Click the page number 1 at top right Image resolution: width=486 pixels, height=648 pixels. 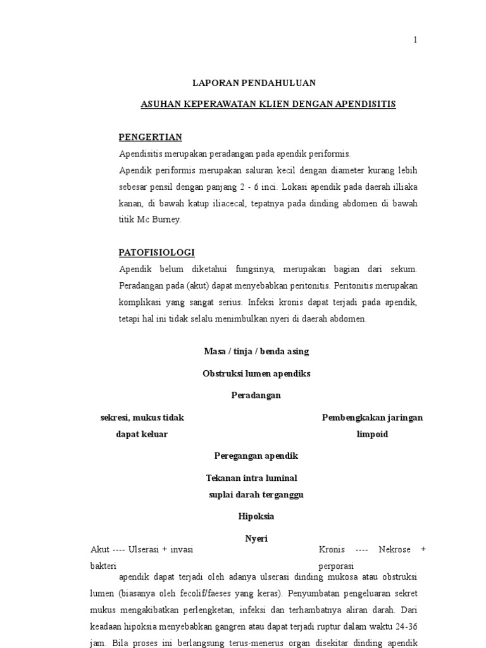(x=415, y=40)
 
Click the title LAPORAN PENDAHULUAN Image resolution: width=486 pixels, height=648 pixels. (x=254, y=83)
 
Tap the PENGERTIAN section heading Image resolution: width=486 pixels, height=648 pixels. (x=151, y=137)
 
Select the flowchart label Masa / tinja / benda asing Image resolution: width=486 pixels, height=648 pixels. (x=256, y=351)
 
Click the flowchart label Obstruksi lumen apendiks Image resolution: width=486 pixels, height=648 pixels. (x=256, y=373)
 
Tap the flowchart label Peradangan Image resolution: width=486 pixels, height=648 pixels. (x=256, y=396)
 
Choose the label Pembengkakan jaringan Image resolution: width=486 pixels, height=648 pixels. (x=372, y=418)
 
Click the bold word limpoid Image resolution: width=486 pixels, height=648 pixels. (x=372, y=435)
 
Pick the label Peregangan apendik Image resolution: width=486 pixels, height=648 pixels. (x=256, y=456)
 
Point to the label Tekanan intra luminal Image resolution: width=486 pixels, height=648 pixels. (x=251, y=478)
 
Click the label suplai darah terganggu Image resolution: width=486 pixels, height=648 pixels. (x=256, y=495)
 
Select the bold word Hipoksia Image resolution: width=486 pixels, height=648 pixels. (x=256, y=516)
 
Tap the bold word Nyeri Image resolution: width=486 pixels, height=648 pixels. (x=256, y=539)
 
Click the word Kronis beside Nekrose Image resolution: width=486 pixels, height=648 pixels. (x=332, y=549)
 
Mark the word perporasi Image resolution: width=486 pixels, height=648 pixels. (x=336, y=566)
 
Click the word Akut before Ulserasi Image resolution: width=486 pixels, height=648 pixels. (x=100, y=549)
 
